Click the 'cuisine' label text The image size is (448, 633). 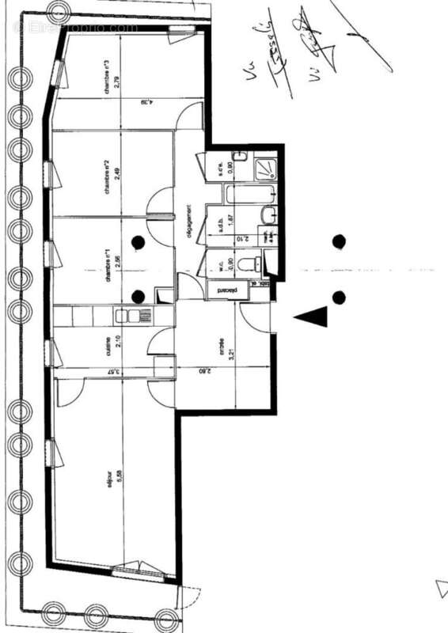click(108, 346)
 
